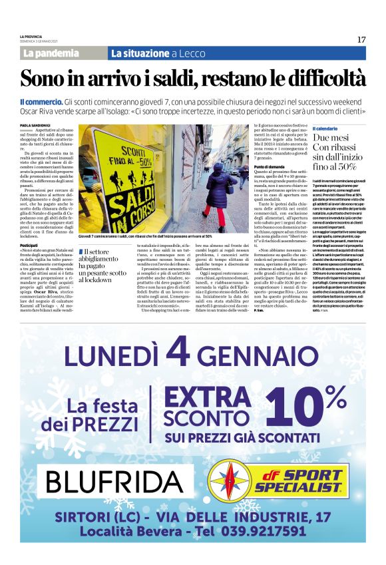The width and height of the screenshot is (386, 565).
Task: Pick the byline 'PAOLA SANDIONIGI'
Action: coord(35,124)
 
